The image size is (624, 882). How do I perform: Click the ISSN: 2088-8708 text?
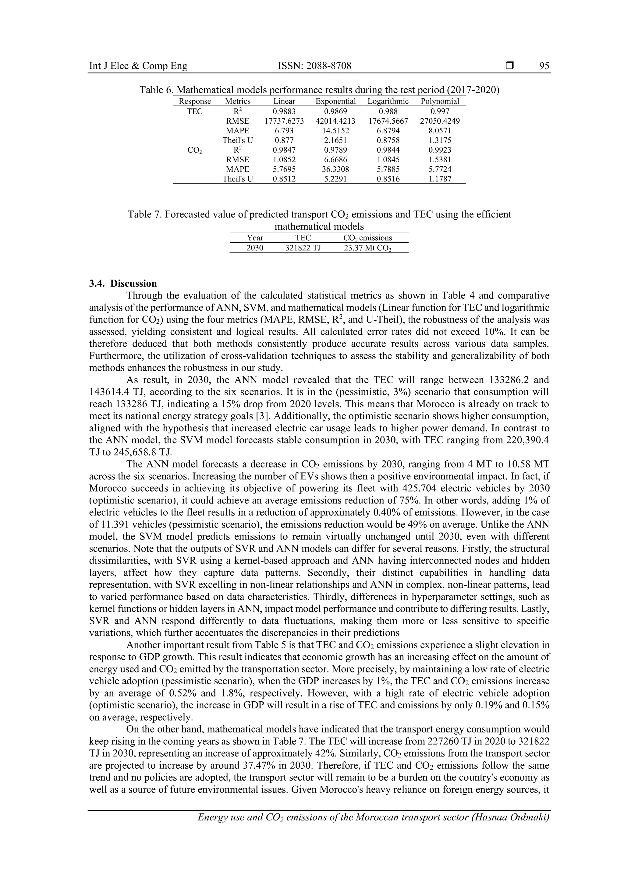pyautogui.click(x=314, y=66)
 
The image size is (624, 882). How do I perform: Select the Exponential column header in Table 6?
pyautogui.click(x=335, y=101)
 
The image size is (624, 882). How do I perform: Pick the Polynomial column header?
pyautogui.click(x=440, y=101)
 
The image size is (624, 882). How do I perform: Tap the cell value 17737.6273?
pyautogui.click(x=284, y=121)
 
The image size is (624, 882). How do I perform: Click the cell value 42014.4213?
pyautogui.click(x=335, y=121)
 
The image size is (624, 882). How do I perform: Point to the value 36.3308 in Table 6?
pyautogui.click(x=335, y=169)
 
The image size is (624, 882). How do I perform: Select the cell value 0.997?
pyautogui.click(x=440, y=111)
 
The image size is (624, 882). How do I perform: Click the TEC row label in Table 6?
pyautogui.click(x=195, y=111)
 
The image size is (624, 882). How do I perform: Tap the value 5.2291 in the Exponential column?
pyautogui.click(x=335, y=179)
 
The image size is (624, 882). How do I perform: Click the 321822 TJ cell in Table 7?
pyautogui.click(x=303, y=248)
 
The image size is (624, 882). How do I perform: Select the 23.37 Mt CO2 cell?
pyautogui.click(x=367, y=248)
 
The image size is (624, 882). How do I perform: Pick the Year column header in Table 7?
pyautogui.click(x=255, y=238)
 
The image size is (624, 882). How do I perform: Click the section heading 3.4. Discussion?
pyautogui.click(x=123, y=284)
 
